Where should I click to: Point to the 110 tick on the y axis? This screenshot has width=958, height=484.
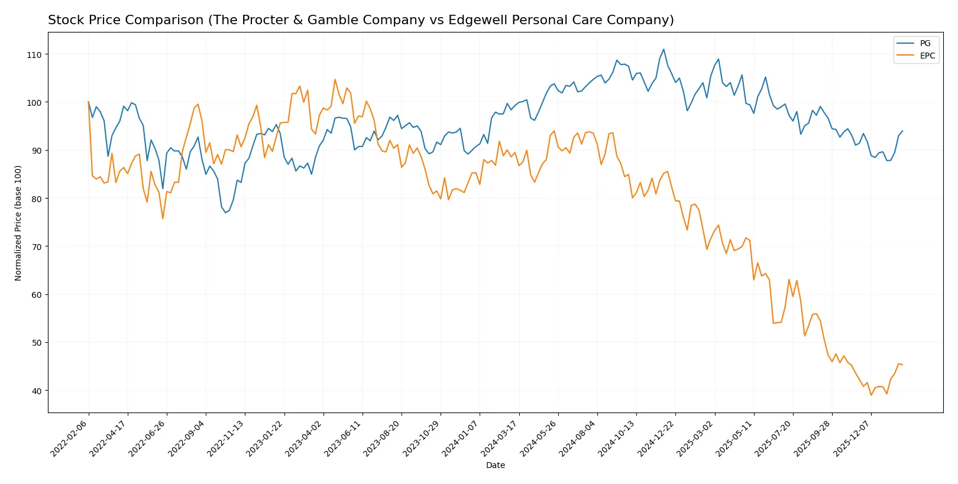(x=34, y=54)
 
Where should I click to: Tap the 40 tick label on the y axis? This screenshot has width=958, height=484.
(x=37, y=391)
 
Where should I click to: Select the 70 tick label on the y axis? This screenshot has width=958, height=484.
(x=37, y=246)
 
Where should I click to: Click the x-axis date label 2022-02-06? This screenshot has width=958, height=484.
(x=70, y=438)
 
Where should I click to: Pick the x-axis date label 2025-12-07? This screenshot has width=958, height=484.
(x=852, y=438)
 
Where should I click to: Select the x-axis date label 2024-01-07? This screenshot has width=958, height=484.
(x=461, y=438)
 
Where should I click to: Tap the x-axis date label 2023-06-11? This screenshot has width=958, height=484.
(x=344, y=438)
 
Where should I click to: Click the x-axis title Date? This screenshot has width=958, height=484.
(x=495, y=465)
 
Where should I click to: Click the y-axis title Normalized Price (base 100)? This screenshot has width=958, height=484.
(x=18, y=223)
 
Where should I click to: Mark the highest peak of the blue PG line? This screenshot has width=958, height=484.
(x=664, y=49)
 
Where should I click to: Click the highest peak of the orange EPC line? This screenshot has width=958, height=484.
(x=335, y=79)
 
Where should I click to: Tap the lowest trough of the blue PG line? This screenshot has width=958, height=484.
(x=225, y=212)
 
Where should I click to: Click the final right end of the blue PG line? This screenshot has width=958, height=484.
(x=902, y=131)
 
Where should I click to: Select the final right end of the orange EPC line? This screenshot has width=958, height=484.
(x=902, y=365)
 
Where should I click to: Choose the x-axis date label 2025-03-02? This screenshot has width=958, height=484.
(x=695, y=438)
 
